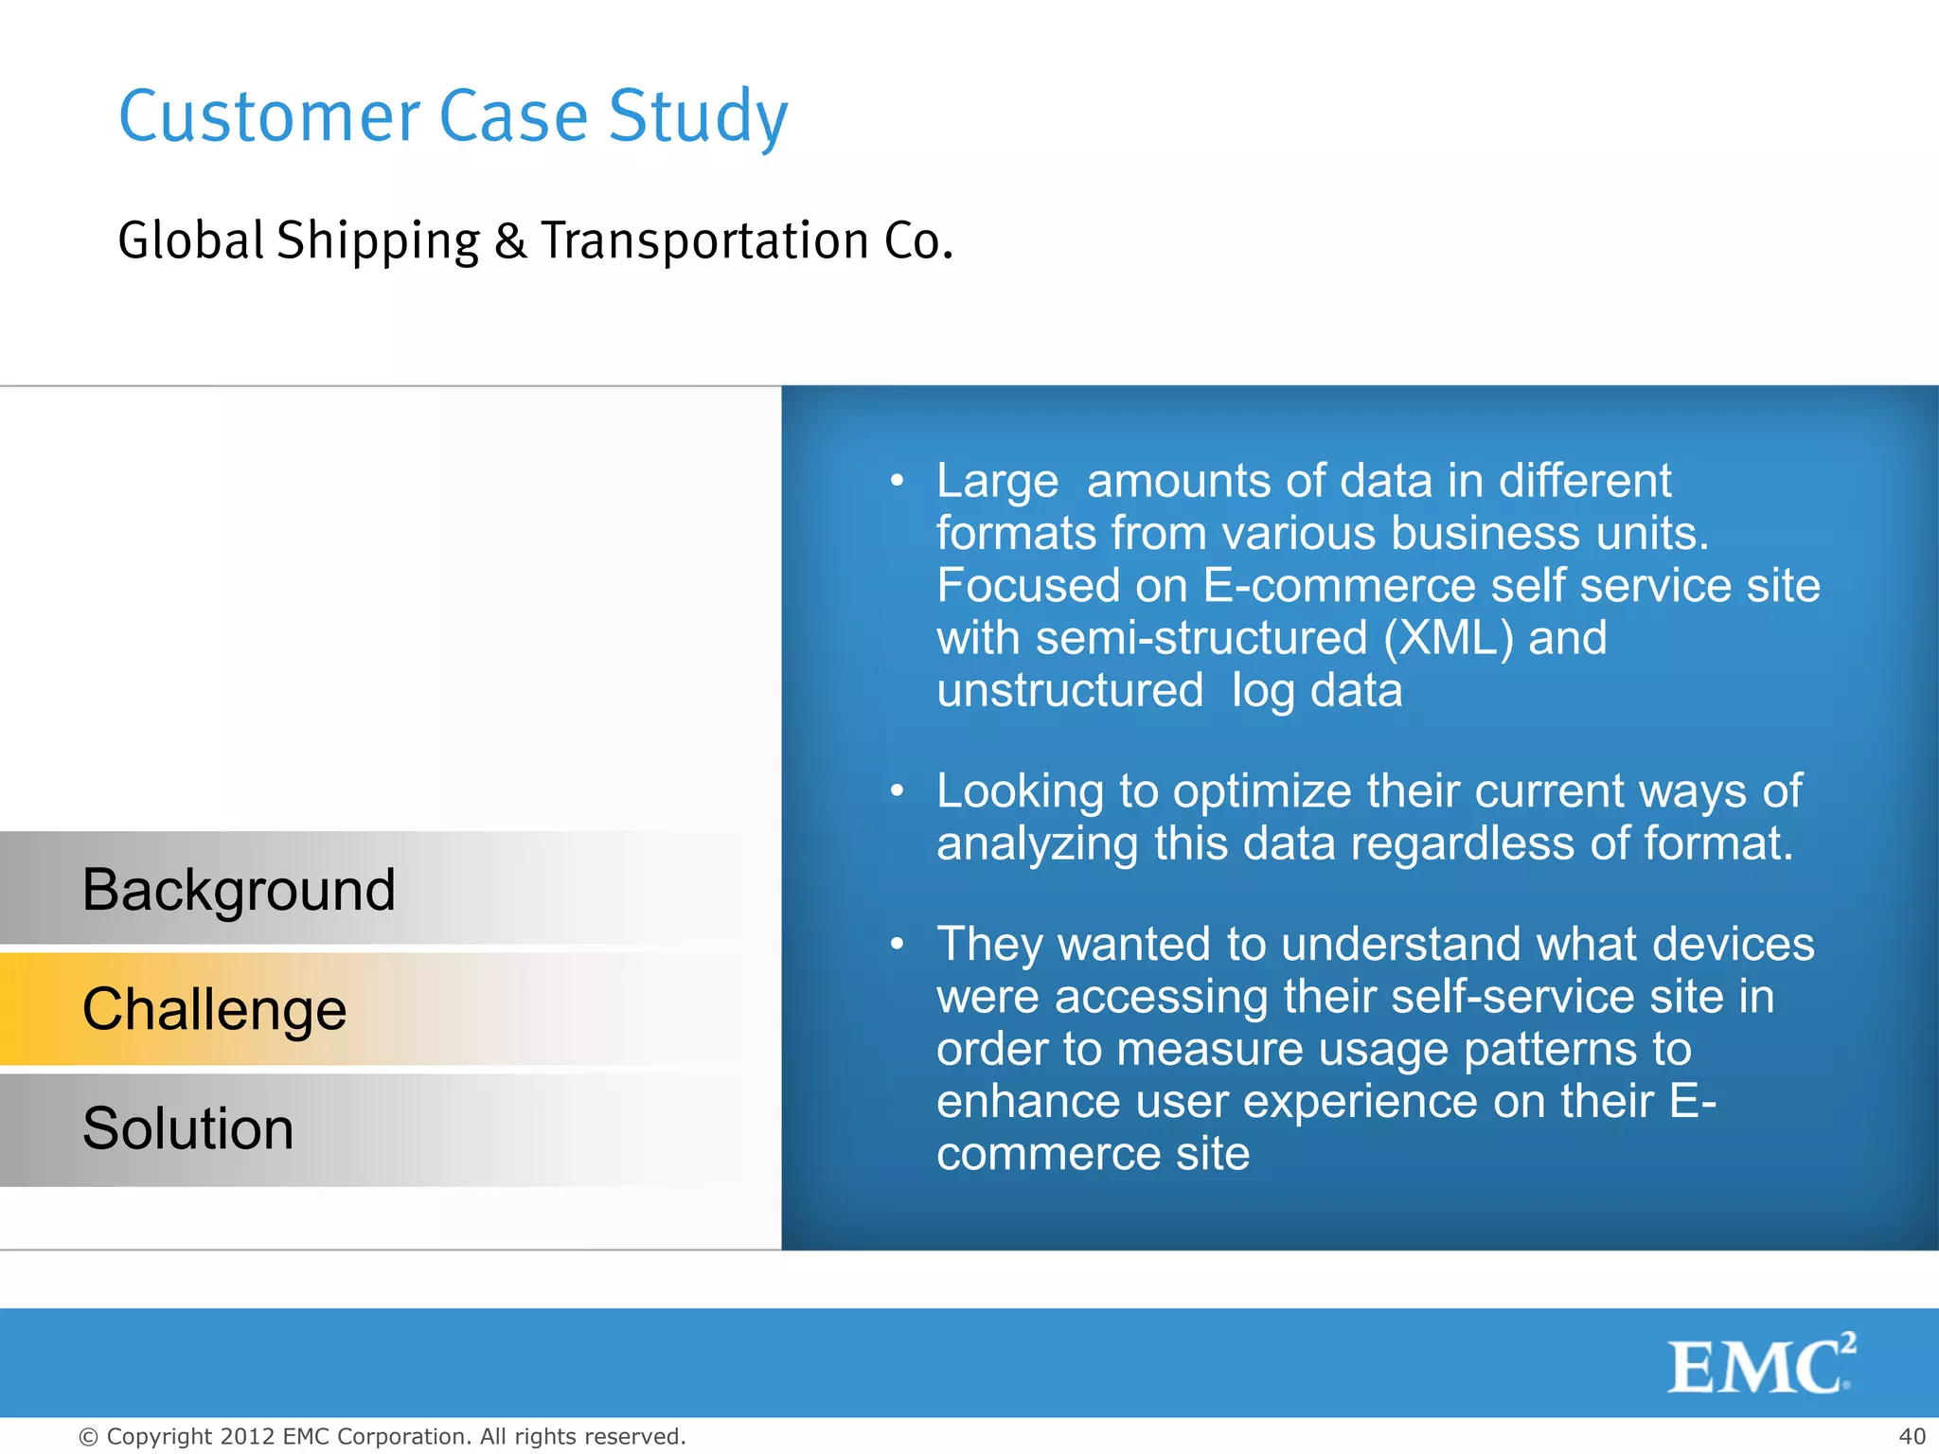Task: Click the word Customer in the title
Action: pos(269,116)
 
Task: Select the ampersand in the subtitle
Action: pos(509,240)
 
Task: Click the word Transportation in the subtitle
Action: pos(704,240)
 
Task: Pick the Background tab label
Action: pos(239,890)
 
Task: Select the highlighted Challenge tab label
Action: pos(215,1009)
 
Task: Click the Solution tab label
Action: pos(187,1128)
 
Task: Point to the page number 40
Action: pos(1912,1436)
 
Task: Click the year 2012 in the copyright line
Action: pos(247,1436)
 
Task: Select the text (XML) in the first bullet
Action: pos(1448,637)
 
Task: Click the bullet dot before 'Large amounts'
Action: pos(898,481)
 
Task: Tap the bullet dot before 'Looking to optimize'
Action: pos(898,790)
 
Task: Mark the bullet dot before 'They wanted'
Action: pos(898,944)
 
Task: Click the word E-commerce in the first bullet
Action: pos(1339,585)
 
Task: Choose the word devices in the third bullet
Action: pos(1734,944)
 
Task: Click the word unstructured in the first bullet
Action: pos(1070,690)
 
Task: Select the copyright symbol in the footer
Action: pos(88,1437)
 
